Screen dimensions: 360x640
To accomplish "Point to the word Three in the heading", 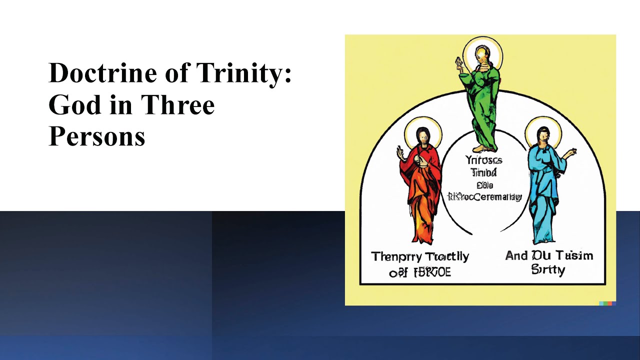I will click(178, 104).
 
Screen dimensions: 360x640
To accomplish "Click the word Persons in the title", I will click(97, 135).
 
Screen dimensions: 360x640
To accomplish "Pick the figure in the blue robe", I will click(544, 185).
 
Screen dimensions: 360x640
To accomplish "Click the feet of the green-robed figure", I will click(483, 148).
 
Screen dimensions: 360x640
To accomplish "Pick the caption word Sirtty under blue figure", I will click(548, 270).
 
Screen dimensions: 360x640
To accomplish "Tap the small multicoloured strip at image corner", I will click(607, 303).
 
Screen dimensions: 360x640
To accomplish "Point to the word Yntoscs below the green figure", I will click(483, 160).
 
